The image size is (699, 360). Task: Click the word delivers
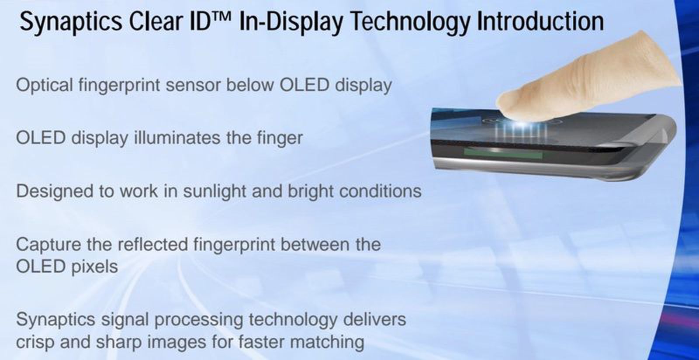coord(374,320)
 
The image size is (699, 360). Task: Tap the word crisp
coord(35,342)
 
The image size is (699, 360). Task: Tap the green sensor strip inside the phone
coord(502,154)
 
